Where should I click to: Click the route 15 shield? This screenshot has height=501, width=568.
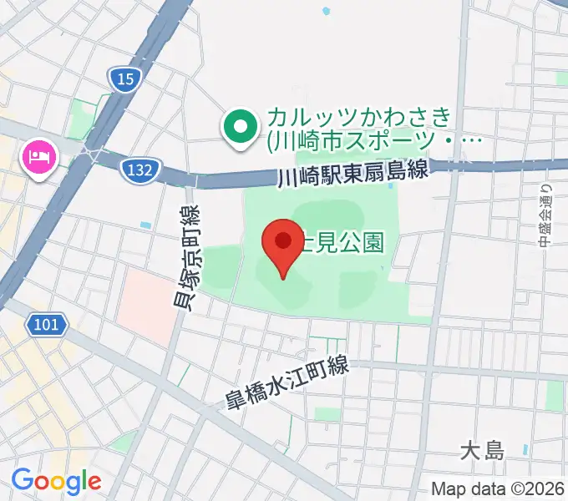click(x=124, y=79)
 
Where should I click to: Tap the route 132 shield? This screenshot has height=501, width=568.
click(x=140, y=170)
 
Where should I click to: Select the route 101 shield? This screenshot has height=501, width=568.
click(x=48, y=323)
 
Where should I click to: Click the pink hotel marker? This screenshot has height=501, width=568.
click(x=39, y=157)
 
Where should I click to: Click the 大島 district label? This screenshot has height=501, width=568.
click(x=483, y=452)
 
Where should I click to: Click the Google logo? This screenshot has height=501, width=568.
click(x=56, y=481)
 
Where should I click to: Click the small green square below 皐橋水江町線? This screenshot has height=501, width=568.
click(x=328, y=414)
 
